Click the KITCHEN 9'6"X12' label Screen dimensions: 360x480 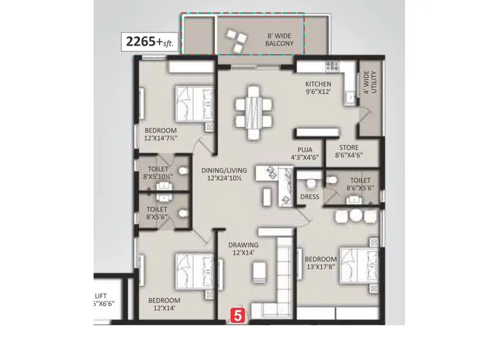click(x=318, y=88)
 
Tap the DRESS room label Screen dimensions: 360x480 click(x=310, y=197)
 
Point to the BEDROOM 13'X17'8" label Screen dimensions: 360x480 click(x=322, y=263)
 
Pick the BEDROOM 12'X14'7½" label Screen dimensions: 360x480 click(x=160, y=134)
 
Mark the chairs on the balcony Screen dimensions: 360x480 click(x=235, y=40)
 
